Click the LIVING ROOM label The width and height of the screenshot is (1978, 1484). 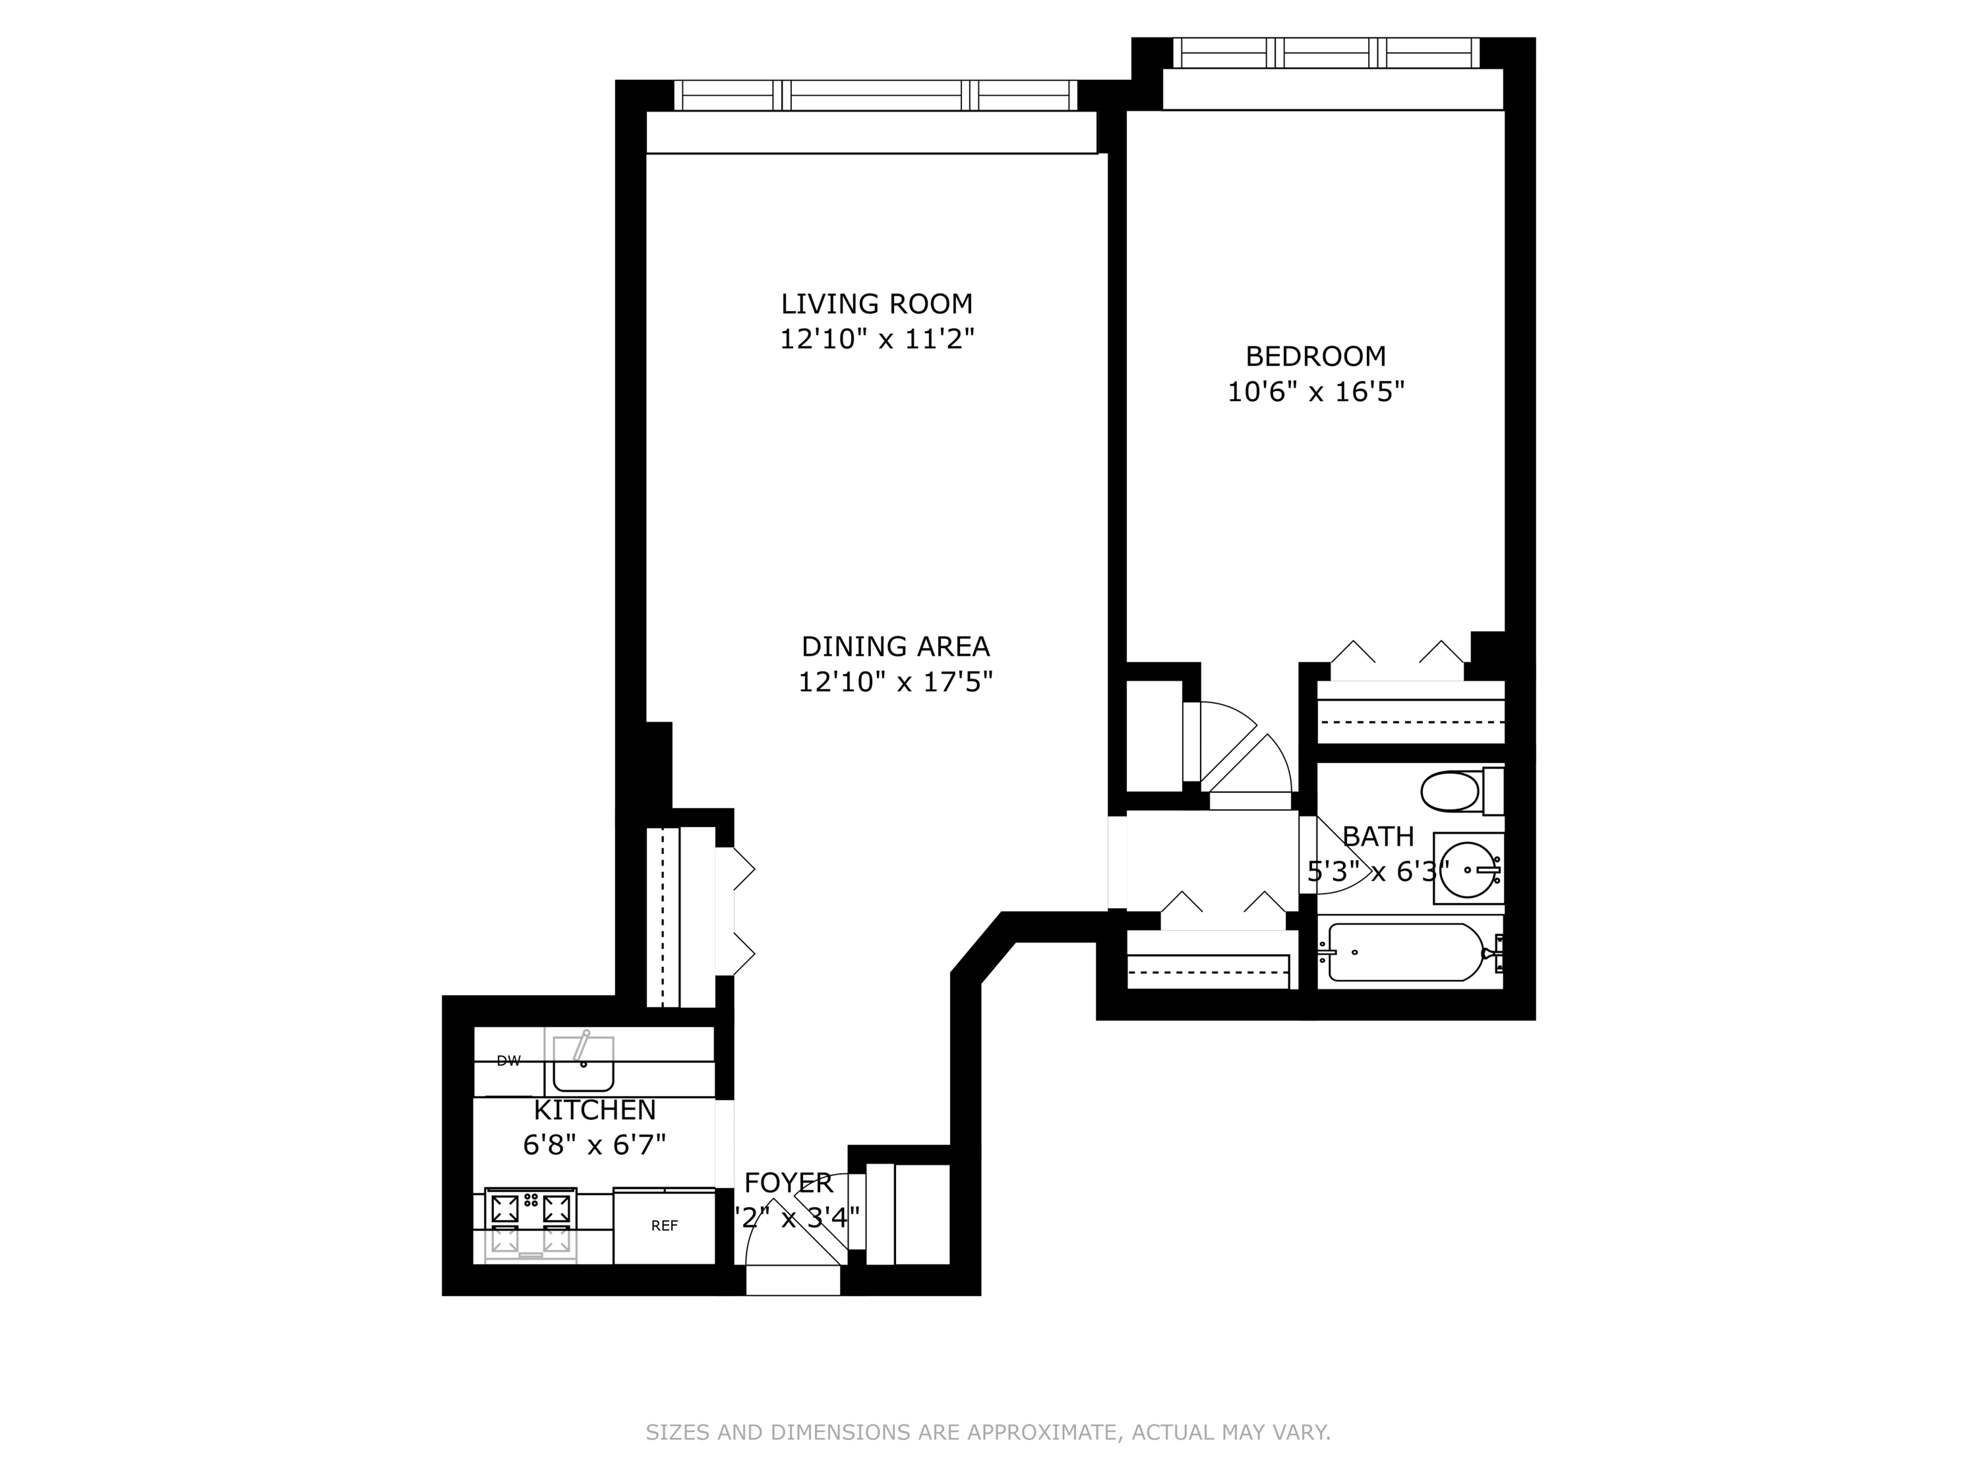pyautogui.click(x=876, y=304)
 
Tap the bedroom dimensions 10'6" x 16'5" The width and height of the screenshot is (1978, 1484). pyautogui.click(x=1315, y=392)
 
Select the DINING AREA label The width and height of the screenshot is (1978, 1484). pyautogui.click(x=895, y=646)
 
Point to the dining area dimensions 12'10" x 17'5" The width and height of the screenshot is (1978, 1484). pyautogui.click(x=895, y=683)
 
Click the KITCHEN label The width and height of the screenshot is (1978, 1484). pyautogui.click(x=595, y=1110)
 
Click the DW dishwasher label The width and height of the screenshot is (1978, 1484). pyautogui.click(x=508, y=1061)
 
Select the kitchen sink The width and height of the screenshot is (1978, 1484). pyautogui.click(x=583, y=1063)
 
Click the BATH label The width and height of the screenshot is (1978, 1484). pyautogui.click(x=1378, y=836)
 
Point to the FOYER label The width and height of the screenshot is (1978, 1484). pyautogui.click(x=788, y=1183)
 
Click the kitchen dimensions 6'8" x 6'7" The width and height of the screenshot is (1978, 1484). pyautogui.click(x=595, y=1145)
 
